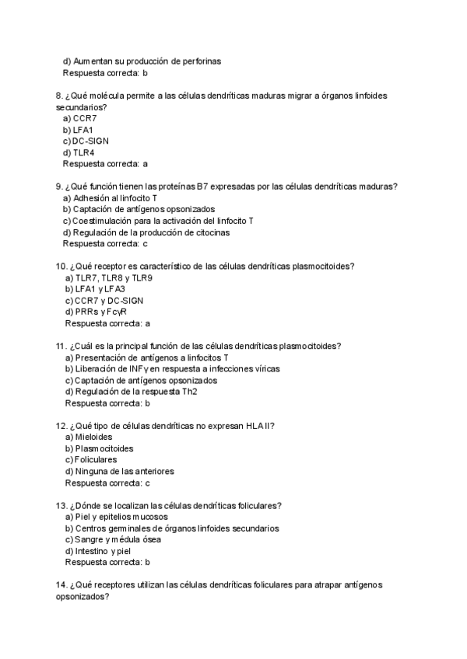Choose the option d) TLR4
79,152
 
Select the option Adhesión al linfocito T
114,197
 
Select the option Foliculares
95,460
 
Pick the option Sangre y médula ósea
118,539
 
